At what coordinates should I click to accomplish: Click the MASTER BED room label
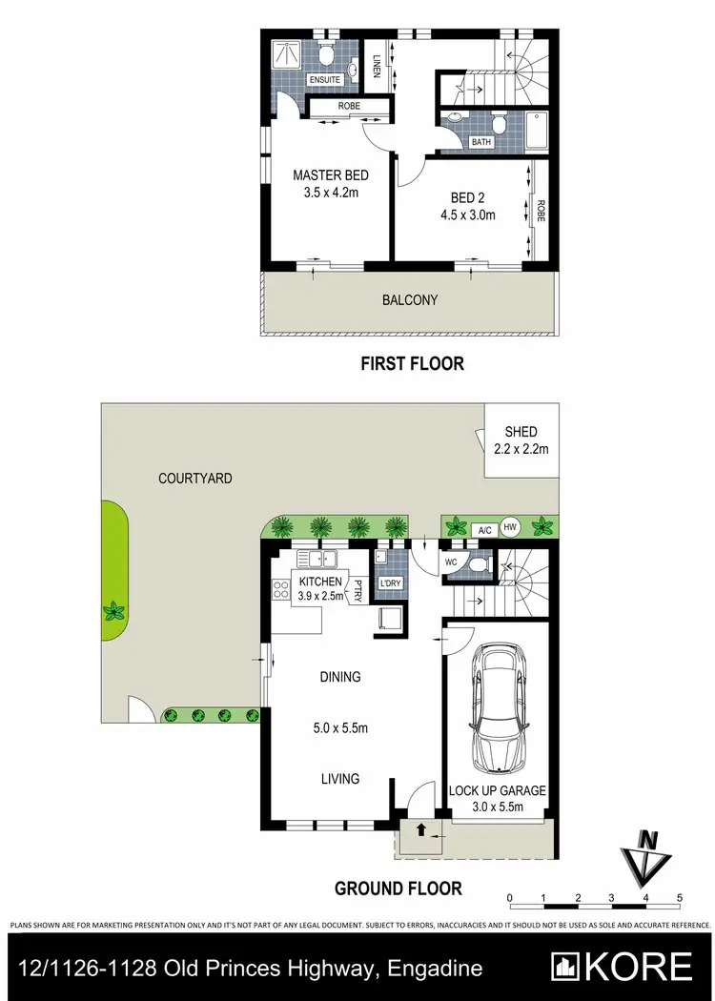tap(330, 176)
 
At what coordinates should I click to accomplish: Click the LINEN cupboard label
tap(377, 67)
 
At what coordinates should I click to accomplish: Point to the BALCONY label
tap(410, 299)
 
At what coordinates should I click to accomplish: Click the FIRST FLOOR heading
tap(411, 363)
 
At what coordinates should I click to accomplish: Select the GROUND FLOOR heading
tap(398, 889)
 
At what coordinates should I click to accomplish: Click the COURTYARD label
tap(194, 479)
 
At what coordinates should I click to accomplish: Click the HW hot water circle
tap(510, 525)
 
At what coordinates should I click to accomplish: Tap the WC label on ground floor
tap(452, 562)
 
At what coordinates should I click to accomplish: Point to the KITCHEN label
tap(319, 582)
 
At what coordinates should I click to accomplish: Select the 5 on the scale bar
tap(679, 898)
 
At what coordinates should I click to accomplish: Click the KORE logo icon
tap(568, 967)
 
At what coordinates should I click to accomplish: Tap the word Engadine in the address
tap(434, 969)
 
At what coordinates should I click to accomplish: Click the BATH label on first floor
tap(481, 142)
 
